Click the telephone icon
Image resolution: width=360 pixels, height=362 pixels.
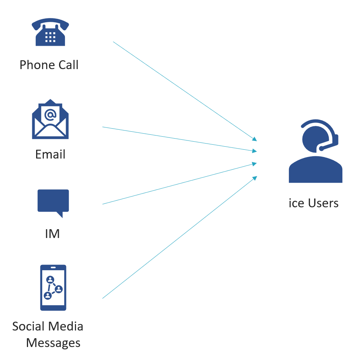point(50,32)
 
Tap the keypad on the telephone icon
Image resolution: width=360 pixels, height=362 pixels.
point(50,37)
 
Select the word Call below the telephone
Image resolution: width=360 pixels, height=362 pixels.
point(69,65)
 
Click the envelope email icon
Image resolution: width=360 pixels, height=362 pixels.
point(50,119)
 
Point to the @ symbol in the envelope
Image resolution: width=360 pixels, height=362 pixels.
point(50,115)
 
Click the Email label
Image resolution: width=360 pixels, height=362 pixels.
point(50,154)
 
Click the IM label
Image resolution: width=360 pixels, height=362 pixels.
point(53,234)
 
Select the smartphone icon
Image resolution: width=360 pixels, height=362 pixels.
point(53,288)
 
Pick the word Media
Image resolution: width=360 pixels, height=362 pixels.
point(65,326)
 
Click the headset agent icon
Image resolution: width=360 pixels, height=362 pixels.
point(316,151)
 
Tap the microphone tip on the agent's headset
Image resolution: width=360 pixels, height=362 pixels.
point(322,149)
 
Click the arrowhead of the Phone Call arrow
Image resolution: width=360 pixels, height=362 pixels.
point(255,139)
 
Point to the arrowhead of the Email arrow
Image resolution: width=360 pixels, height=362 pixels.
point(255,151)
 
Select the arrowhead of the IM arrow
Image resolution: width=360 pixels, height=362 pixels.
point(255,164)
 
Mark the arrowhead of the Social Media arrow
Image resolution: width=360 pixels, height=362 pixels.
point(255,178)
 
